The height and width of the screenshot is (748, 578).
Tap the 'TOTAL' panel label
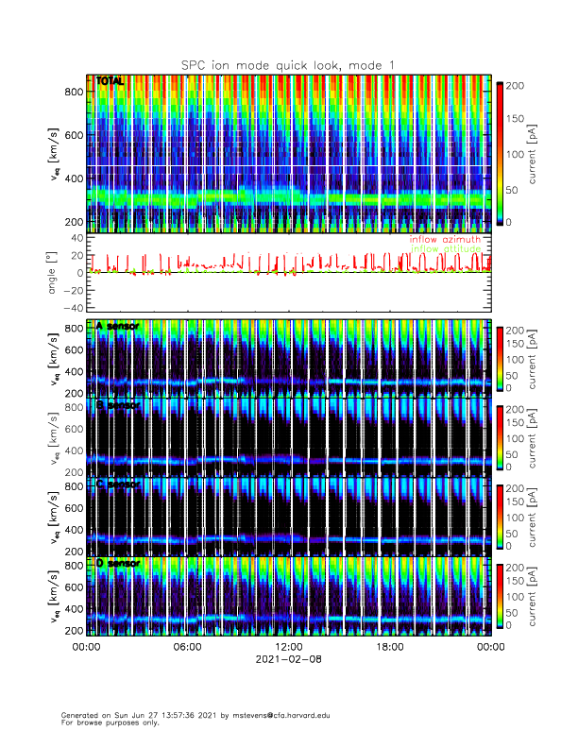[110, 82]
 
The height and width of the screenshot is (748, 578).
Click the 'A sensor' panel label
[117, 327]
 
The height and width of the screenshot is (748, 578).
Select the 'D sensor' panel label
[117, 564]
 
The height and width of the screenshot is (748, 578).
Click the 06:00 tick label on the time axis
[187, 647]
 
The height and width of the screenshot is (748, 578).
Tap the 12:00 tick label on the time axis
[288, 647]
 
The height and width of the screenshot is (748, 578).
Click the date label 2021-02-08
[288, 659]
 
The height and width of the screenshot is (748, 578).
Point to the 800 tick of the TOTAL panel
[74, 92]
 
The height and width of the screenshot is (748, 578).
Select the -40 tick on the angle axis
[72, 308]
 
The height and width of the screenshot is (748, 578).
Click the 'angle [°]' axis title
[53, 273]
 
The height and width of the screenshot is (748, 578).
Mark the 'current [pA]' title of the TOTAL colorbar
[535, 153]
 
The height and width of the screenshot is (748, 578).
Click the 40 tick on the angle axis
[76, 239]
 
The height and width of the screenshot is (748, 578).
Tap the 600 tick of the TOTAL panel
[74, 135]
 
